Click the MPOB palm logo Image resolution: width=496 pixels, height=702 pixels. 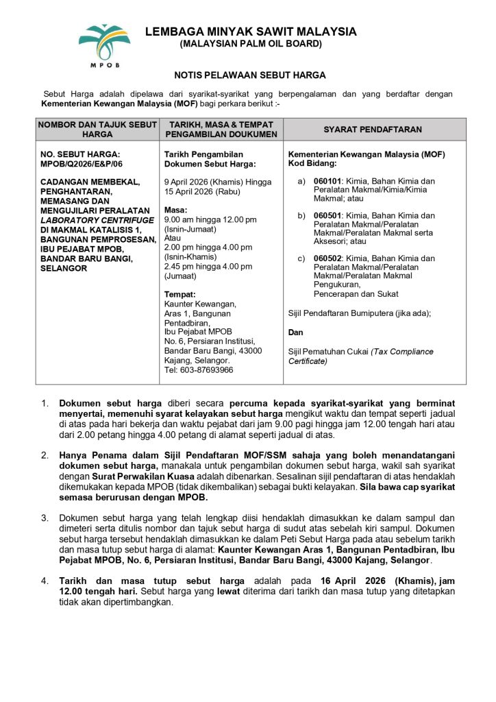[x=103, y=43]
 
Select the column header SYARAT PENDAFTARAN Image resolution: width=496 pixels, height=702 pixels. [x=373, y=129]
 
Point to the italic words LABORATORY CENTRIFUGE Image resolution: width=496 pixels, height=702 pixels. [x=97, y=220]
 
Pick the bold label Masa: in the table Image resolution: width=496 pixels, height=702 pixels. [x=175, y=210]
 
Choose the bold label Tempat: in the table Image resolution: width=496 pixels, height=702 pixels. [x=179, y=294]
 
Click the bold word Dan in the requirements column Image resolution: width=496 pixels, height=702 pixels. [x=295, y=332]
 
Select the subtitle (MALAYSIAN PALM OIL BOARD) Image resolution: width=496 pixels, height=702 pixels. [x=250, y=44]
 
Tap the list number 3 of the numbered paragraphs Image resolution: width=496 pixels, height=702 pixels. [x=45, y=517]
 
